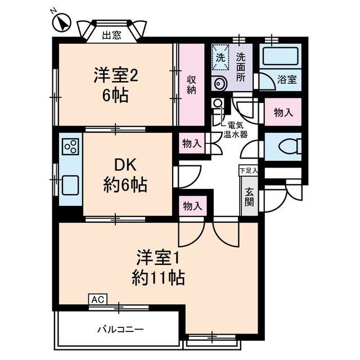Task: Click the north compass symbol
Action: tap(61, 23)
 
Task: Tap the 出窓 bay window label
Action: tap(111, 35)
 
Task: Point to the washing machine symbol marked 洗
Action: tap(221, 57)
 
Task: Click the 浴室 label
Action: tap(287, 80)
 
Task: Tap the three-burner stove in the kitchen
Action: tap(71, 147)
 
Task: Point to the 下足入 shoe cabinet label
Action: tap(248, 170)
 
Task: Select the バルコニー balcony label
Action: tap(120, 328)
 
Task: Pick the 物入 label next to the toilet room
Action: tap(283, 112)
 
